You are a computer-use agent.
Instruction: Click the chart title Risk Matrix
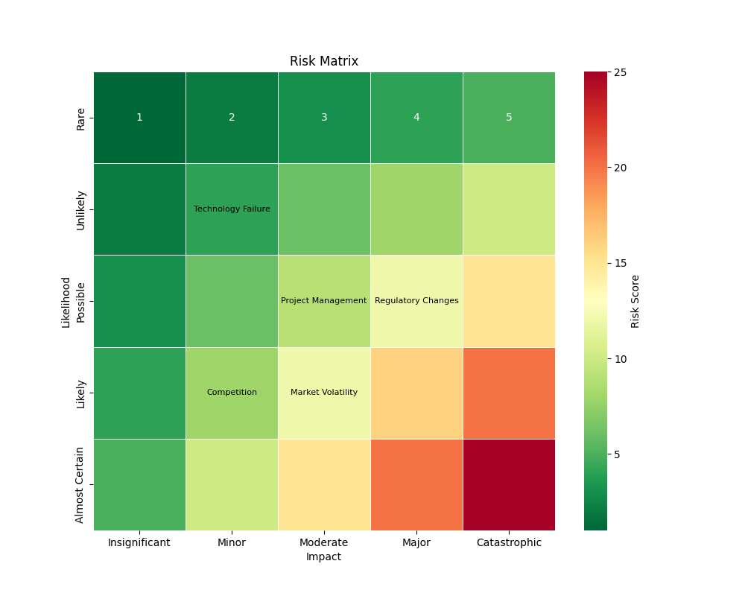(x=324, y=62)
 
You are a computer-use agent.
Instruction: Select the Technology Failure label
(x=232, y=209)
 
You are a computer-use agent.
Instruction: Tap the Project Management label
(x=323, y=301)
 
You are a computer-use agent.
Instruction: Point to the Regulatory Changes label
(x=416, y=301)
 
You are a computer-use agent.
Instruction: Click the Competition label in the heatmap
(x=232, y=393)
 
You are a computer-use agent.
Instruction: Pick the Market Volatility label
(x=324, y=393)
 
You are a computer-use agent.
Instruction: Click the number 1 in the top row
(x=139, y=118)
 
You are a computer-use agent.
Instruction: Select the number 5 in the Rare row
(x=509, y=118)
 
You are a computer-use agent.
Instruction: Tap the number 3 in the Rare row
(x=324, y=118)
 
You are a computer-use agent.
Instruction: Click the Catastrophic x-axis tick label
(x=509, y=543)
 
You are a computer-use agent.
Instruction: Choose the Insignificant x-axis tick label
(x=139, y=543)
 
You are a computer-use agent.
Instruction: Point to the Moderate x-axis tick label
(x=324, y=543)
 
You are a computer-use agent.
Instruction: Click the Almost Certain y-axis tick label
(x=80, y=485)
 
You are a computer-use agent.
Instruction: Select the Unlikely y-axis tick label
(x=80, y=210)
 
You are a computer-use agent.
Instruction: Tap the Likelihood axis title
(x=66, y=302)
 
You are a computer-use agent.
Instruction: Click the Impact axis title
(x=324, y=557)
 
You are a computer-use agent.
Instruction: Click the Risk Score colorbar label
(x=635, y=301)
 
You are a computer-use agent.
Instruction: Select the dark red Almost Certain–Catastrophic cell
(x=509, y=484)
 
